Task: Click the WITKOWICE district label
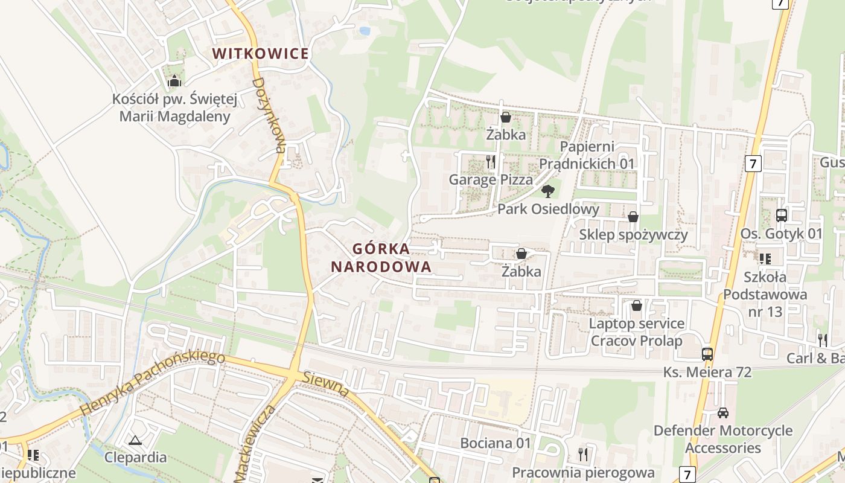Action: tap(261, 53)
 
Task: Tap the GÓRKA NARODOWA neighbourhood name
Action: tap(381, 258)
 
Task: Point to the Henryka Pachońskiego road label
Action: tap(153, 383)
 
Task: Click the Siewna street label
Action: tap(326, 385)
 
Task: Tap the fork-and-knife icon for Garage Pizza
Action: tap(491, 162)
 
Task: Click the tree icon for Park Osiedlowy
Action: tap(548, 191)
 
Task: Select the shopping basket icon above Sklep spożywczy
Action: tap(633, 216)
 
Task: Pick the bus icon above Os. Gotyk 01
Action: tap(782, 215)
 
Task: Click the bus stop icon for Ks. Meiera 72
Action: tap(707, 354)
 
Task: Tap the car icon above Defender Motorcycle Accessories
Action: tap(723, 413)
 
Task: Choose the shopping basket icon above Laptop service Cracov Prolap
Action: tap(636, 305)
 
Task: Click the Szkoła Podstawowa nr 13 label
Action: tap(765, 295)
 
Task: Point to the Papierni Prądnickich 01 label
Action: tap(587, 155)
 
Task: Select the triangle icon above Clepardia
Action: tap(135, 440)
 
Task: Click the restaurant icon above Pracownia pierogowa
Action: tap(582, 453)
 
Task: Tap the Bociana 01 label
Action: tap(496, 443)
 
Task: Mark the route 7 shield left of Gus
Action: tap(753, 163)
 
